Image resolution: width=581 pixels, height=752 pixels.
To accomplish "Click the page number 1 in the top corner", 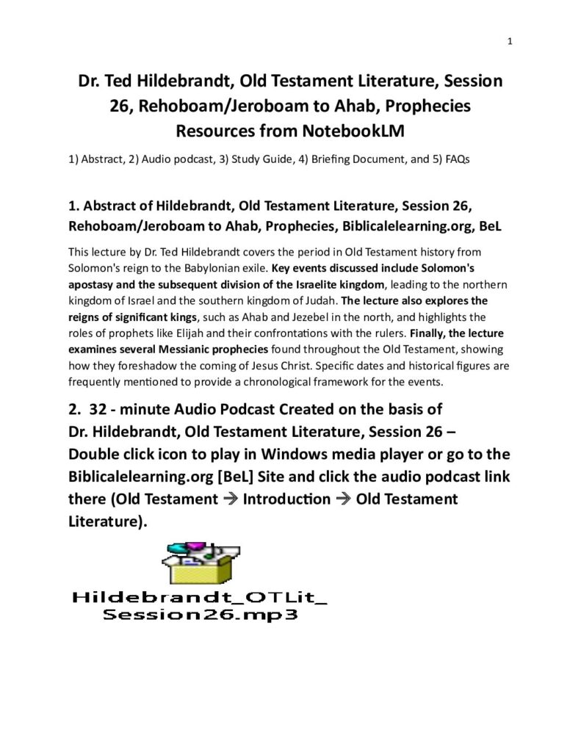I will click(509, 41).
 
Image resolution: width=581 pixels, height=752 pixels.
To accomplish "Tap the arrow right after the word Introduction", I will click(342, 500).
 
